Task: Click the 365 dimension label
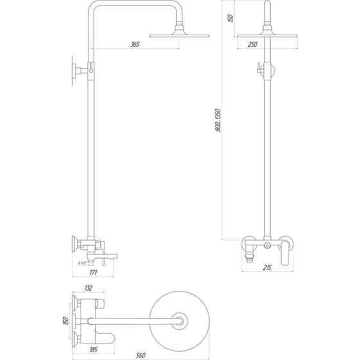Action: click(x=134, y=44)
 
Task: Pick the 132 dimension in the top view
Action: click(x=89, y=289)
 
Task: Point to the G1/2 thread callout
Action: click(x=82, y=263)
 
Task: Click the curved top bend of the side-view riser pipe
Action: click(x=96, y=9)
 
